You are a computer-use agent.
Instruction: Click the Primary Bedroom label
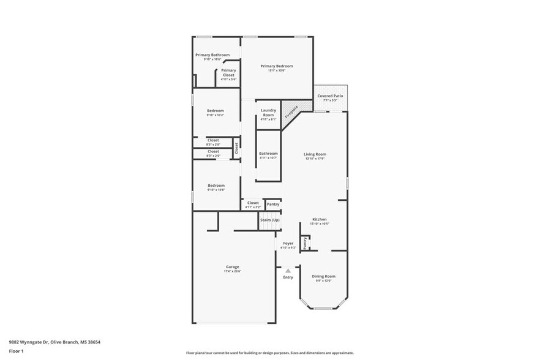pos(276,66)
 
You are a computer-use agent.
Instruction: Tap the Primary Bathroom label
pos(212,55)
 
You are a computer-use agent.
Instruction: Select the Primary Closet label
pos(228,70)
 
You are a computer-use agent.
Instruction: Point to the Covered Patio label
pos(330,96)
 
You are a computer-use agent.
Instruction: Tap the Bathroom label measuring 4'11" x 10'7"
pos(268,154)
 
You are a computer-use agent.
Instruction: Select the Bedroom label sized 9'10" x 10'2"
pos(215,111)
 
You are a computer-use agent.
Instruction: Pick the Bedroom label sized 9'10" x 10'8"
pos(216,186)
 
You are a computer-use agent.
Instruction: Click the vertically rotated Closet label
pos(236,148)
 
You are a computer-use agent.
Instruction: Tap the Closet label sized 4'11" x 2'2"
pos(253,203)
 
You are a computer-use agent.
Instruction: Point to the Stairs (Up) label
pos(270,219)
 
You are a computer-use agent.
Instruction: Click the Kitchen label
pos(319,219)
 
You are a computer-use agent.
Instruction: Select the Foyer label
pos(288,243)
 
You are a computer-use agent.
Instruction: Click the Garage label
pos(232,267)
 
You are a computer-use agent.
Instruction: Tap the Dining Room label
pos(323,276)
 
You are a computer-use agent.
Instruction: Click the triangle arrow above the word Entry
pos(288,269)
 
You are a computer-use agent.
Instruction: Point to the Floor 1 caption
pos(16,351)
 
